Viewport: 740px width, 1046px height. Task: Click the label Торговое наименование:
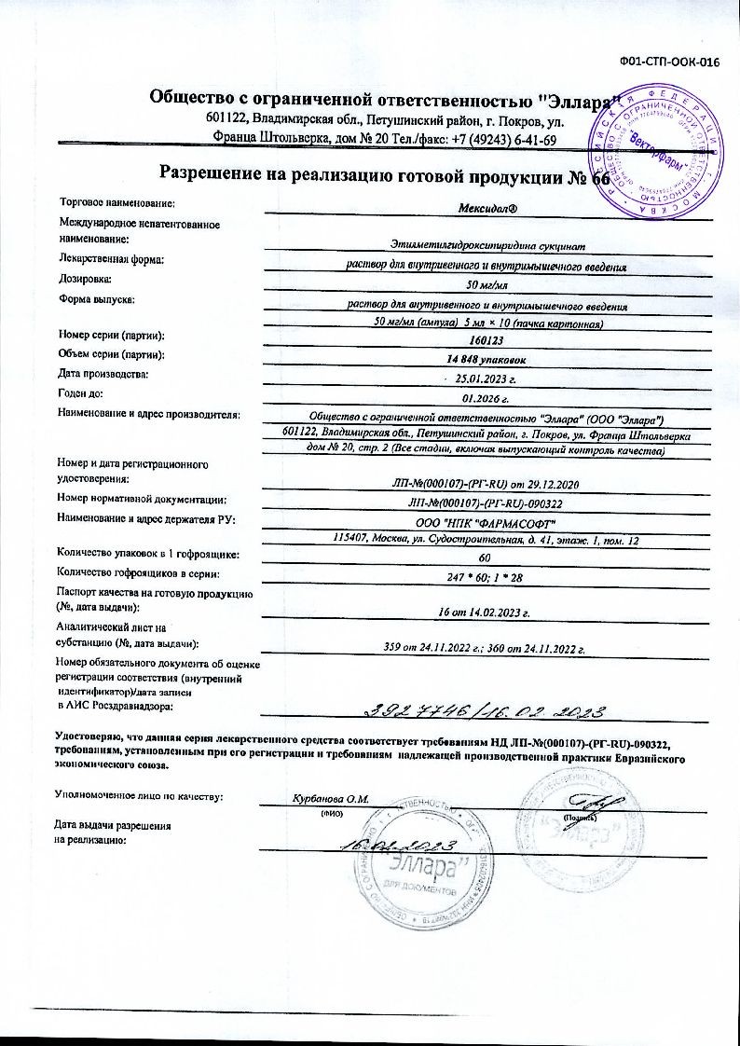click(x=117, y=201)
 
